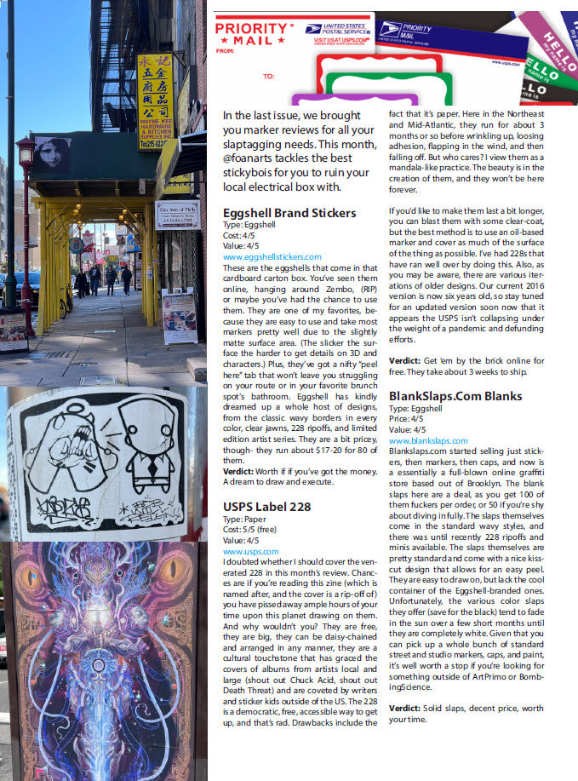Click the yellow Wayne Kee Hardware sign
click(x=155, y=100)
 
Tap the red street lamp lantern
click(x=26, y=152)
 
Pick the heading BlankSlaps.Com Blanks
click(x=455, y=396)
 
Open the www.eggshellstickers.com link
click(x=272, y=256)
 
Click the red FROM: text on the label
click(x=225, y=51)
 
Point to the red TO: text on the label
click(x=268, y=76)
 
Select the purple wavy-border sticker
click(x=341, y=100)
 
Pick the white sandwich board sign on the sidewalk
click(x=179, y=314)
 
